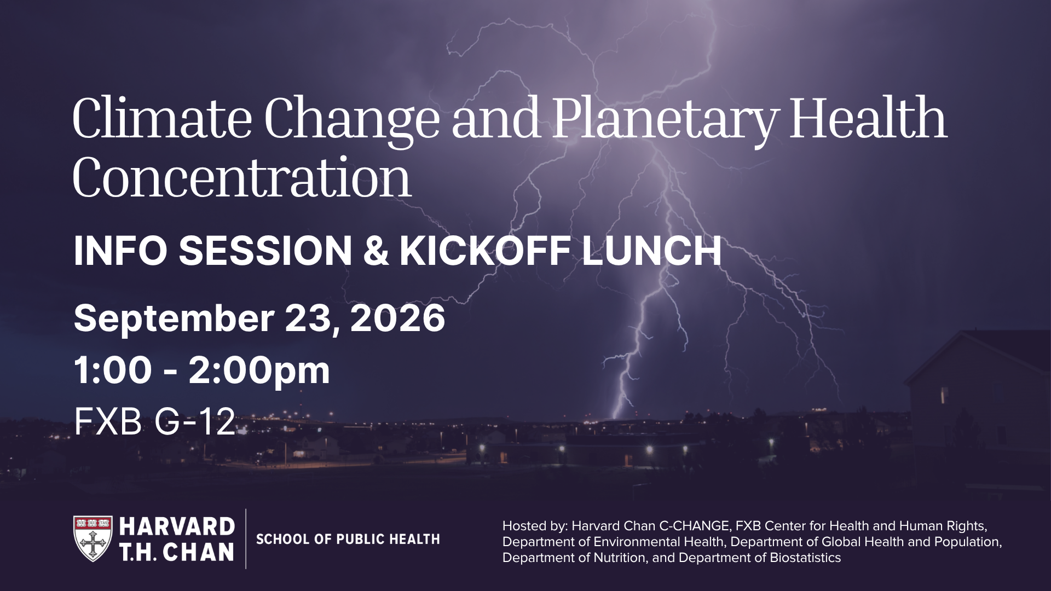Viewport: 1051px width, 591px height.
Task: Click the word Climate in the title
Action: click(x=162, y=118)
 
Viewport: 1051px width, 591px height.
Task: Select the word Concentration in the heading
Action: click(x=241, y=178)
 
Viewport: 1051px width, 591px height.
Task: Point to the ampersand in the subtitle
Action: click(x=376, y=251)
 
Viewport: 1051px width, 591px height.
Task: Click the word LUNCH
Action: click(x=651, y=251)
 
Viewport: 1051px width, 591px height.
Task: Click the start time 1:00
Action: click(x=113, y=370)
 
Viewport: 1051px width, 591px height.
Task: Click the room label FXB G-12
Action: click(x=155, y=421)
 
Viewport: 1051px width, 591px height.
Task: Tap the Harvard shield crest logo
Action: click(x=93, y=538)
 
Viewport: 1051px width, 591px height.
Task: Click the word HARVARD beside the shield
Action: click(x=177, y=526)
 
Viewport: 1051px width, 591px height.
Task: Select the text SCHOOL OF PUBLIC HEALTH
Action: click(x=348, y=540)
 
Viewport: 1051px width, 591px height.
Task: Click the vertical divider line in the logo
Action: click(x=246, y=538)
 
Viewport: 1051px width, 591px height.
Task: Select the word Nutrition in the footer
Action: click(x=621, y=558)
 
